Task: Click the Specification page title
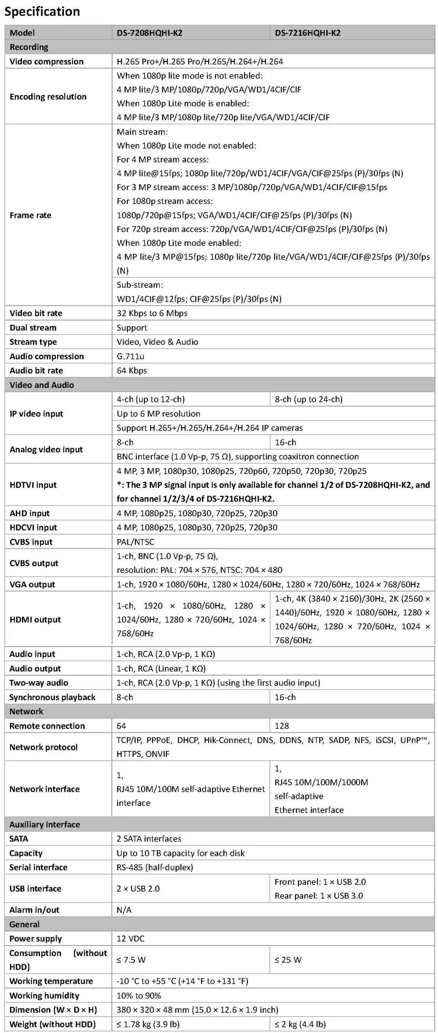coord(42,12)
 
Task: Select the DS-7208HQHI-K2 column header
coord(150,33)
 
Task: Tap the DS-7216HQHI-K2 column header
coord(307,33)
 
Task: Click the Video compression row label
coord(46,62)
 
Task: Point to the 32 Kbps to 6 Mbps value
coord(152,313)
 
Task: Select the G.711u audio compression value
coord(130,356)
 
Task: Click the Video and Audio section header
coord(42,385)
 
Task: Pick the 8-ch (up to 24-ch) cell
coord(308,399)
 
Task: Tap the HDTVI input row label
coord(33,485)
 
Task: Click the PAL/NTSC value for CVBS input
coord(135,542)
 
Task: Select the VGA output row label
coord(32,584)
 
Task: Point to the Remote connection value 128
coord(282,726)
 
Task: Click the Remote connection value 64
coord(121,726)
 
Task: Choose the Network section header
coord(26,711)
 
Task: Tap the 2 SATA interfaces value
coord(149,839)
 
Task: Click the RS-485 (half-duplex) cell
coord(155,867)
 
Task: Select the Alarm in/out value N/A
coord(124,910)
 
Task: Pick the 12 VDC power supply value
coord(130,939)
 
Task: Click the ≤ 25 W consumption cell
coord(288,960)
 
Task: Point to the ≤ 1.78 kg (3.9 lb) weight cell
coord(148,1024)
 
